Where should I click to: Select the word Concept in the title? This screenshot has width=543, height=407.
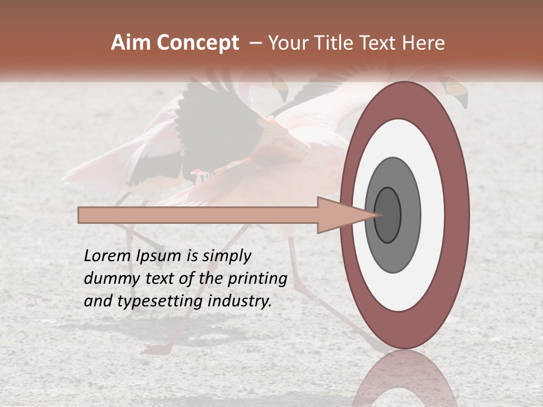(x=198, y=44)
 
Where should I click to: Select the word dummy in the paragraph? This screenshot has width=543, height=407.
(x=106, y=279)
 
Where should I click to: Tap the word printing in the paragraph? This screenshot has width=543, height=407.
(x=259, y=279)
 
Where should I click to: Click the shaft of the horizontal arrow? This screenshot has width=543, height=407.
(x=198, y=215)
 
